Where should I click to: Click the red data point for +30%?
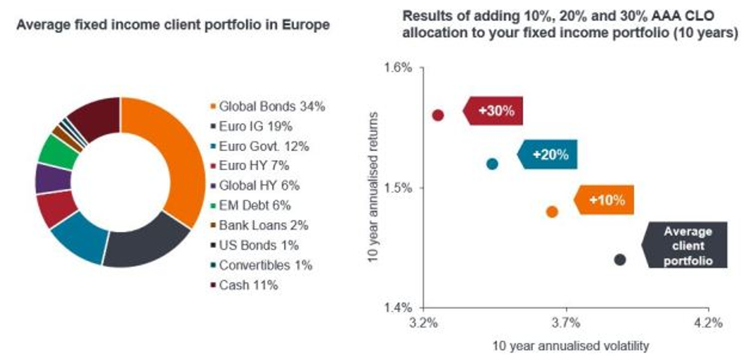tap(438, 115)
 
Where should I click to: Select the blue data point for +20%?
tap(492, 164)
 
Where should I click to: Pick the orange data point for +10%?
tap(552, 212)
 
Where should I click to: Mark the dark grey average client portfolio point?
tap(619, 260)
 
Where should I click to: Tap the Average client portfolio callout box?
tap(687, 246)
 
